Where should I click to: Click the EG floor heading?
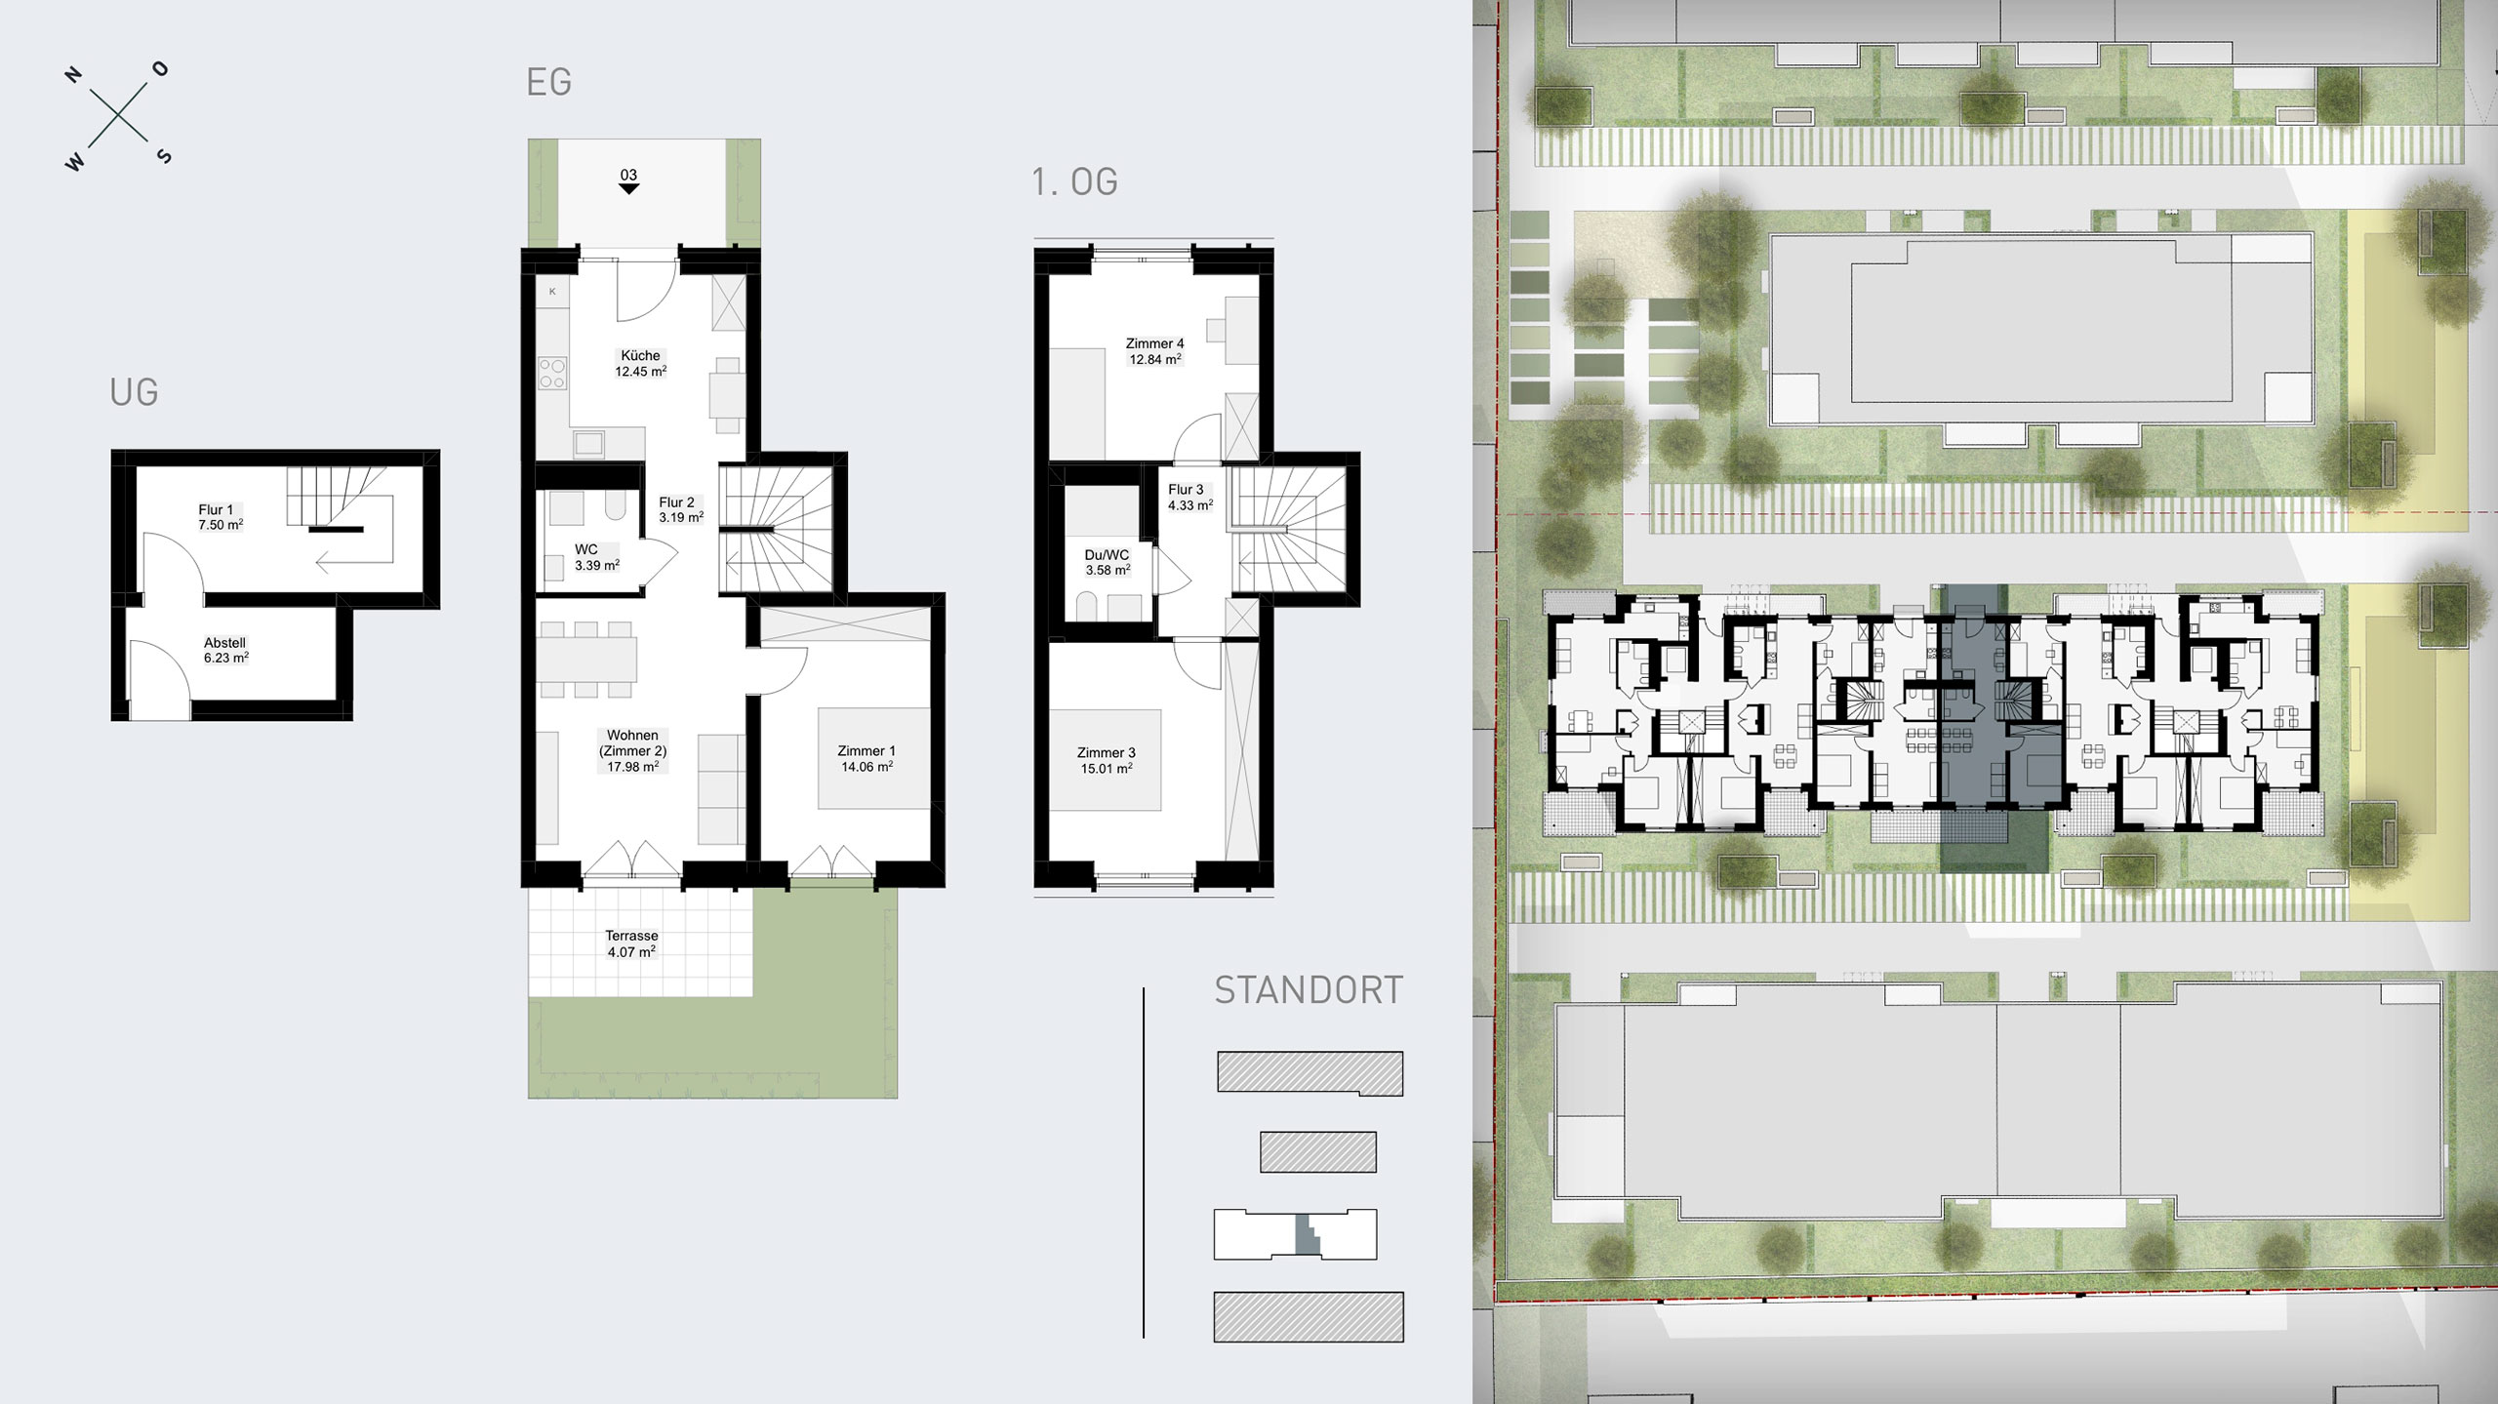[548, 82]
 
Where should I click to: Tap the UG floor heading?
[134, 392]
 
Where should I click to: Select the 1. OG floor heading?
[1074, 181]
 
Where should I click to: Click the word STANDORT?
[1309, 990]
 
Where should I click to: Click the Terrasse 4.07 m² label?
[631, 943]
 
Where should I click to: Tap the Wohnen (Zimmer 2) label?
[632, 750]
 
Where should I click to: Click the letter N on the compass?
[73, 76]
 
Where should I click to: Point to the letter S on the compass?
[164, 156]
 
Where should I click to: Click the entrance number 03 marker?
[628, 181]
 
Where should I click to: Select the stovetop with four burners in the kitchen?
[553, 373]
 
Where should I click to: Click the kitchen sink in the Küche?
[589, 444]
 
